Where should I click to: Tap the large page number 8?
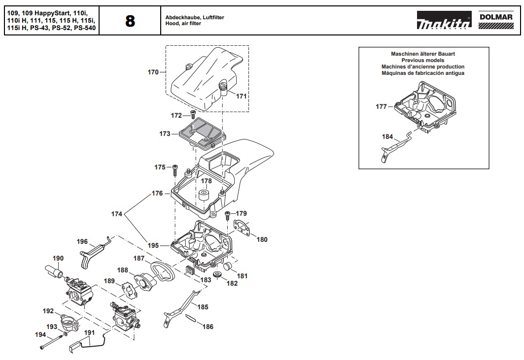coord(130,21)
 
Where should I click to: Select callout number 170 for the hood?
coord(153,72)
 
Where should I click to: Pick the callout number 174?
coord(116,214)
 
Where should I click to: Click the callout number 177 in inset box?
coord(381,106)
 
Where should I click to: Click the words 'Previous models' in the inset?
coord(423,60)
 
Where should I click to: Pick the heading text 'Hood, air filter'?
coord(183,24)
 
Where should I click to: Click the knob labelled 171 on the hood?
coord(223,87)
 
